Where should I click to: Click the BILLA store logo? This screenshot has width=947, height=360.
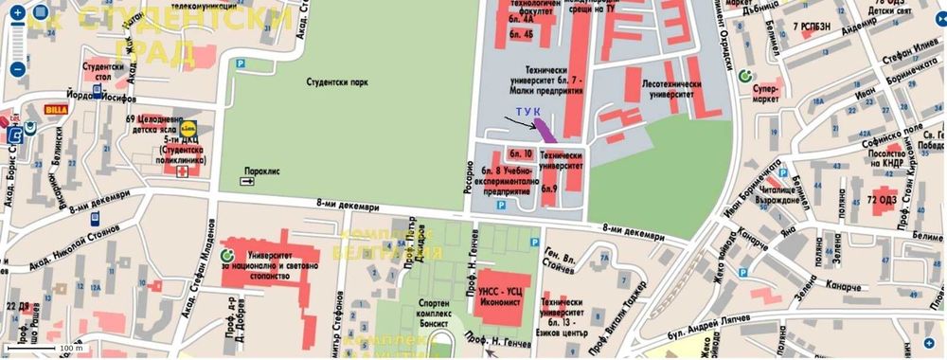pos(56,110)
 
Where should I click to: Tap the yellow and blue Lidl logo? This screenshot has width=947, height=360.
pos(189,124)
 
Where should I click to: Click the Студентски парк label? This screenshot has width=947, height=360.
pos(337,82)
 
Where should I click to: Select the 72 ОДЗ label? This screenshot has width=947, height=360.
pos(883,201)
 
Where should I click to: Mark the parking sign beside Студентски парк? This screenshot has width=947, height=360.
pos(240,63)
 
